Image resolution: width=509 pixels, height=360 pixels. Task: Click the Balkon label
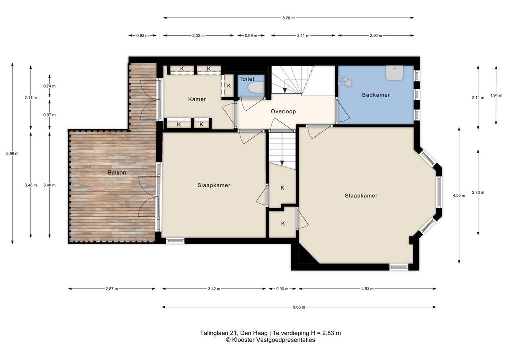pyautogui.click(x=117, y=172)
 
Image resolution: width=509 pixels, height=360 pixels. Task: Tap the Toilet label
pyautogui.click(x=247, y=79)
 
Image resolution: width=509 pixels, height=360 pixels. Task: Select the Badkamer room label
pyautogui.click(x=376, y=95)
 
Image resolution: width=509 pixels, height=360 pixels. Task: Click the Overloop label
pyautogui.click(x=283, y=111)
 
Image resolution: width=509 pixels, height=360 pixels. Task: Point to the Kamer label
pyautogui.click(x=197, y=99)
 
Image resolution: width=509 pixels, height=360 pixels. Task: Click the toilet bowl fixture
pyautogui.click(x=256, y=87)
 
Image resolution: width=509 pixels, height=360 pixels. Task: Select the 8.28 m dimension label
pyautogui.click(x=288, y=18)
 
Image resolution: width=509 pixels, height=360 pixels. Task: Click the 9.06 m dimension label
pyautogui.click(x=299, y=307)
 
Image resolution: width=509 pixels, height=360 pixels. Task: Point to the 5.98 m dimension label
pyautogui.click(x=12, y=154)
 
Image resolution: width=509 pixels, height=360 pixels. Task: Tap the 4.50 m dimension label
pyautogui.click(x=459, y=195)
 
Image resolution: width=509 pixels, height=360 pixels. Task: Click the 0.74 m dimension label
pyautogui.click(x=49, y=86)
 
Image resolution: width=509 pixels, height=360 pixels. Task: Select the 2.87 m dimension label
pyautogui.click(x=112, y=289)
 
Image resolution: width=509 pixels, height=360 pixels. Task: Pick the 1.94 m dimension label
pyautogui.click(x=496, y=95)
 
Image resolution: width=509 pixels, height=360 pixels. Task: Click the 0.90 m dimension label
pyautogui.click(x=282, y=289)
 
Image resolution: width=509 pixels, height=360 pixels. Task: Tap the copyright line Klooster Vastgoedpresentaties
pyautogui.click(x=270, y=340)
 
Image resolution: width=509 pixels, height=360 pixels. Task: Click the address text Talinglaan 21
pyautogui.click(x=219, y=333)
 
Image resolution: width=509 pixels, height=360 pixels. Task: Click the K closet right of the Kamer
pyautogui.click(x=229, y=86)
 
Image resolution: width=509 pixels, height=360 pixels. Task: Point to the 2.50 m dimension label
pyautogui.click(x=376, y=36)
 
